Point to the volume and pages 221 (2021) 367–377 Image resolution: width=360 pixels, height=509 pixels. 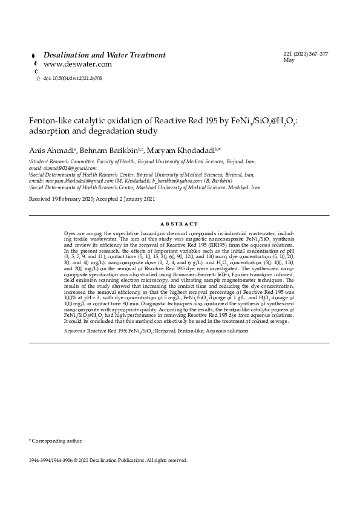(306, 54)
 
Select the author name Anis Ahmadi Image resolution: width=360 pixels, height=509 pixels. (51, 149)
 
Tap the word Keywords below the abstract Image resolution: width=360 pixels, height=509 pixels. (74, 332)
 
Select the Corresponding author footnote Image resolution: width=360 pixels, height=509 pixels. (56, 443)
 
